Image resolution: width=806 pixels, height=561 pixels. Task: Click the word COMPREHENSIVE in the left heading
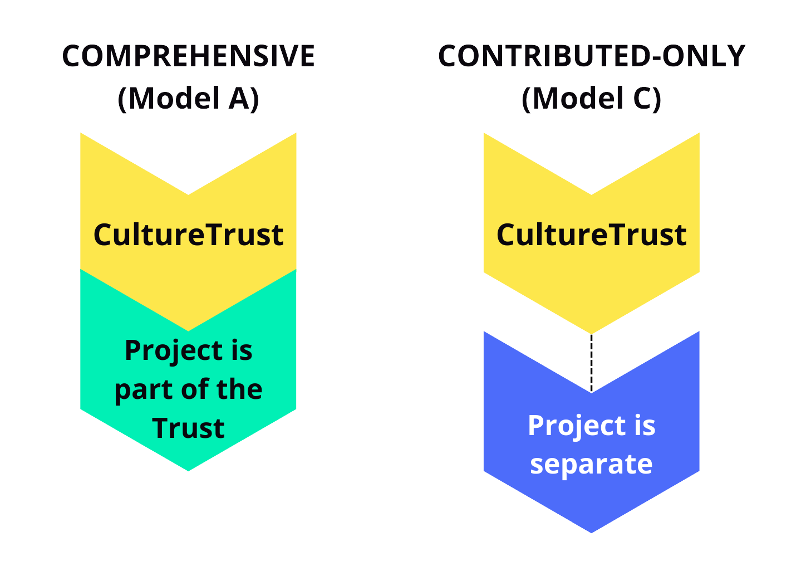click(x=188, y=56)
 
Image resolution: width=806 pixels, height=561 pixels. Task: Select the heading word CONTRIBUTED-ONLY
click(x=591, y=56)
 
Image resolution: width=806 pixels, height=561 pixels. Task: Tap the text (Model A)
click(x=188, y=99)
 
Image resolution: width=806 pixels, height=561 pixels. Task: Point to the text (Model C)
click(x=591, y=99)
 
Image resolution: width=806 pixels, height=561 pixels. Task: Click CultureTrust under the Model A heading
click(x=188, y=235)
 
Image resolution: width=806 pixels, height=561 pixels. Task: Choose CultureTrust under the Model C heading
click(x=591, y=235)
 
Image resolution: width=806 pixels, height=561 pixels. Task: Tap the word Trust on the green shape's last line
click(x=188, y=428)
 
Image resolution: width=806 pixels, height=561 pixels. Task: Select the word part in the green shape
click(x=139, y=389)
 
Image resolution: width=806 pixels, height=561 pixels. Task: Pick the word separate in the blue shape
click(x=591, y=464)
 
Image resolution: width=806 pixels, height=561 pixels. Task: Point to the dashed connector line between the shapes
click(x=591, y=362)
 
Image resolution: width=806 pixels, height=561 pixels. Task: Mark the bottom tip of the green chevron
click(x=188, y=469)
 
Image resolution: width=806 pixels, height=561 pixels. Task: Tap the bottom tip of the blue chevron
click(x=591, y=531)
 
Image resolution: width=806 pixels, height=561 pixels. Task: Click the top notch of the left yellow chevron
click(x=188, y=193)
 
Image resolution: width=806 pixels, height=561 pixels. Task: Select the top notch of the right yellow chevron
click(x=591, y=193)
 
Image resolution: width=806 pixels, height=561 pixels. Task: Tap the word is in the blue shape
click(x=645, y=426)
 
